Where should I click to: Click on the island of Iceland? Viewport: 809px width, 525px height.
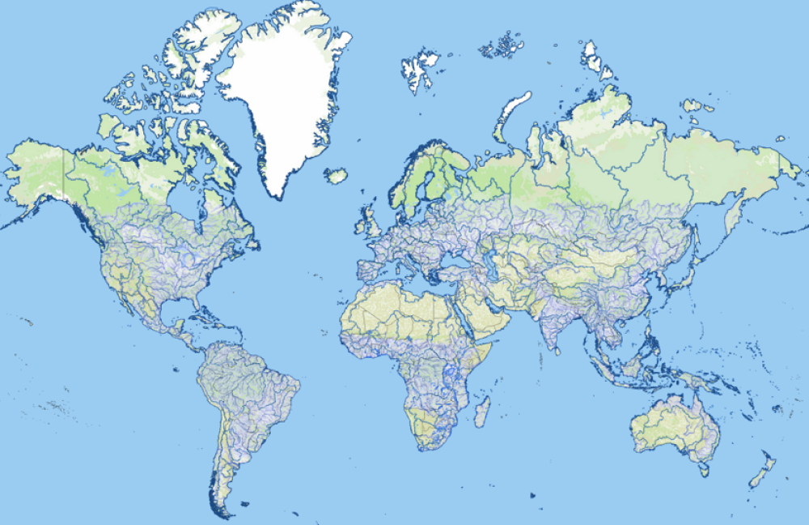(x=336, y=175)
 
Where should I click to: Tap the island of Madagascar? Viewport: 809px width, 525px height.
(x=481, y=412)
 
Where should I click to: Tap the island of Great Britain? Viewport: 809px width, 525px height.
(x=373, y=222)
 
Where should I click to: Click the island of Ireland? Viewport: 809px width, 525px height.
(x=358, y=226)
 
